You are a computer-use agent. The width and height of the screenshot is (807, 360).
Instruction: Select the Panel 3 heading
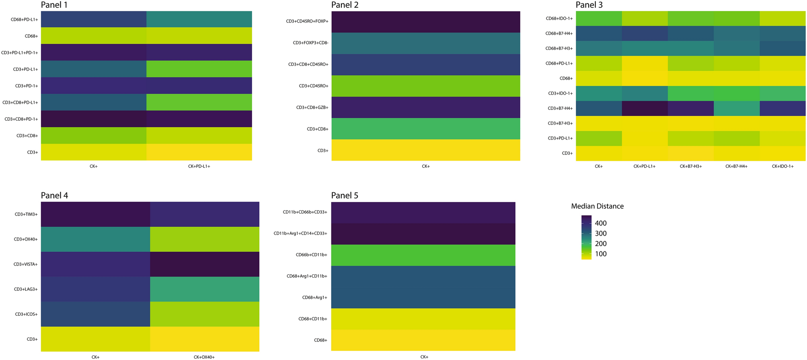[589, 5]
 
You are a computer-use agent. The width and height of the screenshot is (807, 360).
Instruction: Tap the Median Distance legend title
[597, 206]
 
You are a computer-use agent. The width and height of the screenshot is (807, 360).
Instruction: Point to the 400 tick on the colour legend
[600, 223]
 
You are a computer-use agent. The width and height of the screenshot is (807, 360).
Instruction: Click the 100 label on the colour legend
[600, 254]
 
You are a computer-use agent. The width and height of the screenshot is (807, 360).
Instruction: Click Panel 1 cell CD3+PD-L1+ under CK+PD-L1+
[199, 69]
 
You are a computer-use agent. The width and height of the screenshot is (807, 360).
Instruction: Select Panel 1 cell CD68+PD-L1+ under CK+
[94, 19]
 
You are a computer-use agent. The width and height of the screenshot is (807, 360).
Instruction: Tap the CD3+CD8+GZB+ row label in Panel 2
[312, 107]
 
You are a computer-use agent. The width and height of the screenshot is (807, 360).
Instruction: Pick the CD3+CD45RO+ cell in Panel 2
[425, 86]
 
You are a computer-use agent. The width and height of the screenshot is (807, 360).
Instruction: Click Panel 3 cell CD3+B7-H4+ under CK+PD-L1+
[645, 108]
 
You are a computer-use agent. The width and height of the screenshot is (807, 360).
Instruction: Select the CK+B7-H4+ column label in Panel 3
[736, 166]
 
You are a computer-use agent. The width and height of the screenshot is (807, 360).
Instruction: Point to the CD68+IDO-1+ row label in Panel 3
[559, 19]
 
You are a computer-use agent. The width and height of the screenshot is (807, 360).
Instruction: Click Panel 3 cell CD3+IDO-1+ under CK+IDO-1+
[782, 93]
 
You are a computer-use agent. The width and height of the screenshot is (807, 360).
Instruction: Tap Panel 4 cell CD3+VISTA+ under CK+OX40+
[204, 264]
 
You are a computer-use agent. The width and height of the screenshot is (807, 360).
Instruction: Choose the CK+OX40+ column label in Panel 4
[204, 357]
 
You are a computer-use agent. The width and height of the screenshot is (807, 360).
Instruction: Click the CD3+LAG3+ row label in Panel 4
[26, 289]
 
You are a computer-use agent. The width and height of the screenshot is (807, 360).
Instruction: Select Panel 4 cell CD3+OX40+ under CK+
[95, 239]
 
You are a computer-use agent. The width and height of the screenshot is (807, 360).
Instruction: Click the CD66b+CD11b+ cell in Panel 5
[423, 255]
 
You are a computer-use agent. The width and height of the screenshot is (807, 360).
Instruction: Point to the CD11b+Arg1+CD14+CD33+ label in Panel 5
[300, 233]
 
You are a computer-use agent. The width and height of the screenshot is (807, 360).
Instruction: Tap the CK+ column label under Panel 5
[424, 357]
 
